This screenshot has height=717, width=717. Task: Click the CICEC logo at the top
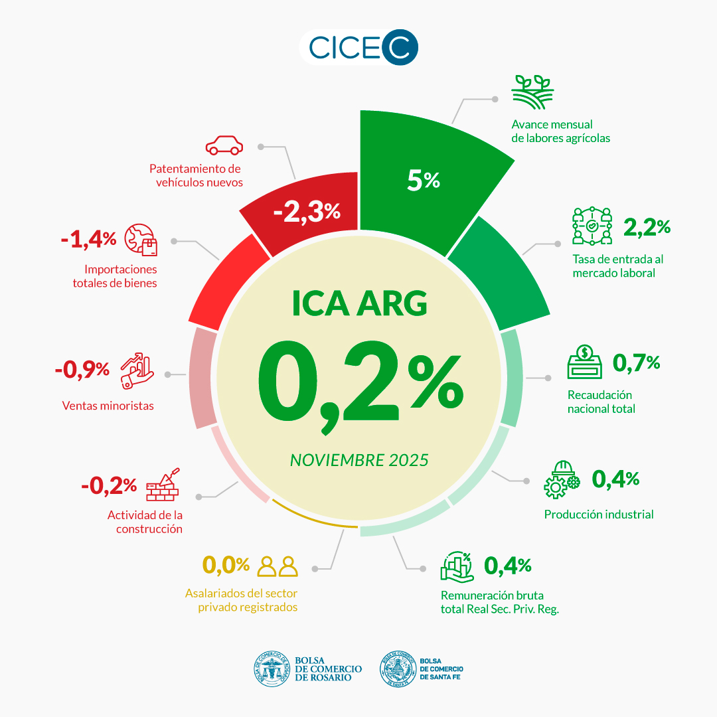coord(359,48)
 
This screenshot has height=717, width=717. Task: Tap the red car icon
coord(224,145)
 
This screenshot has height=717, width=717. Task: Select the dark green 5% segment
coord(425,173)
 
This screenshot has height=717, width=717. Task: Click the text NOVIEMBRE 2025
coord(359,459)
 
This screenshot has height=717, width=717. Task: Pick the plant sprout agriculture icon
coord(532,92)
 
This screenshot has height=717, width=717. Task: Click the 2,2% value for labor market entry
coord(647,227)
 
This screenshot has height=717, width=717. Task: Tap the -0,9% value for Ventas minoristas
coord(82,369)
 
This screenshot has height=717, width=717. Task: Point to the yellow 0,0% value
coord(226,565)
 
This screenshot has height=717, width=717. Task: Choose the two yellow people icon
coord(278,566)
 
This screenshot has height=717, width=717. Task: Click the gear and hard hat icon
coord(562,479)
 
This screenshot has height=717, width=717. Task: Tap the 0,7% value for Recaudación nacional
coord(636,362)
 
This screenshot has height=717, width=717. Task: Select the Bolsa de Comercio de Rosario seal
coord(272,668)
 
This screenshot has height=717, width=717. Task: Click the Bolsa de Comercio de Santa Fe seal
coord(396,668)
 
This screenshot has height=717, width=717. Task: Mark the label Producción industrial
coord(599,515)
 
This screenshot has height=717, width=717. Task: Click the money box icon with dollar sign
coord(584,362)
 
